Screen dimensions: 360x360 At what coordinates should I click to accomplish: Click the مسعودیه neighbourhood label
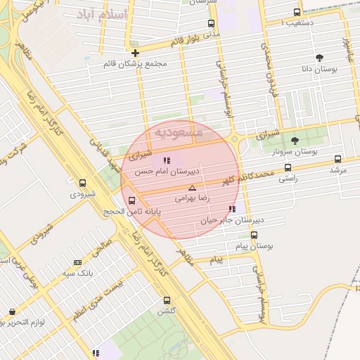point(179,131)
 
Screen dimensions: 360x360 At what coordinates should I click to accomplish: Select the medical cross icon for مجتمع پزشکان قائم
point(135,53)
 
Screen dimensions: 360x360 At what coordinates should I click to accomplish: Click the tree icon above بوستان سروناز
point(294,141)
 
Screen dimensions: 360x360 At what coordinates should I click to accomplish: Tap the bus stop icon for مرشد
point(337,159)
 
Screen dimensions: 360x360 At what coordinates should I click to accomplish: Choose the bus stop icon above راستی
point(287,168)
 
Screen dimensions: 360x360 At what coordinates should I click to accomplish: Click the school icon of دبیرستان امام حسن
point(166,160)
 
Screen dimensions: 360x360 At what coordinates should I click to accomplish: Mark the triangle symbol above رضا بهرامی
point(192,188)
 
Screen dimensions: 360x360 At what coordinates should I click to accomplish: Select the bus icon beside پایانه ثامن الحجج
point(132,200)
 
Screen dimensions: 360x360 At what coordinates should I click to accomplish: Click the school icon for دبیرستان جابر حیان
point(232,209)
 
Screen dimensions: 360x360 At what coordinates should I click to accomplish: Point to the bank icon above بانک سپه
point(77,262)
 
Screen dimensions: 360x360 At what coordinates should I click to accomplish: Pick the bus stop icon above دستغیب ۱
point(296,12)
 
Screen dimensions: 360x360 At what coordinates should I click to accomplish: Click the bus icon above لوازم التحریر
point(11,311)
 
